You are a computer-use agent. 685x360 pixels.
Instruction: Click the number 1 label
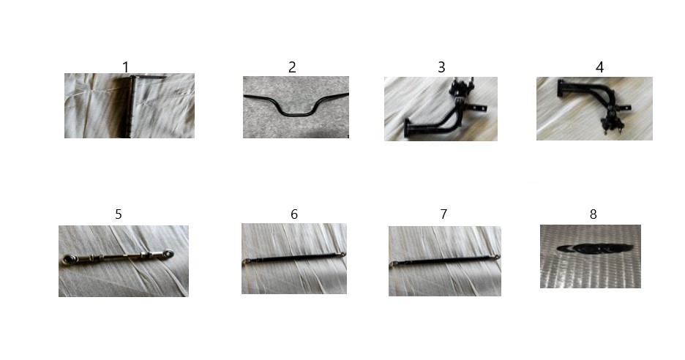[x=126, y=67]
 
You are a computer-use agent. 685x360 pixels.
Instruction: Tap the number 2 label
[x=292, y=67]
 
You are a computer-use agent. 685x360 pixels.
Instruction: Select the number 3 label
[x=442, y=67]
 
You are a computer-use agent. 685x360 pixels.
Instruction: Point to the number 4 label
[x=600, y=67]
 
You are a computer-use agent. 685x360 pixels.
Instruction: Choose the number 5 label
[x=119, y=214]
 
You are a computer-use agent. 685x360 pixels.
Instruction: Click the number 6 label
[x=294, y=214]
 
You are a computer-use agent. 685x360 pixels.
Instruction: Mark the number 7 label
[x=443, y=214]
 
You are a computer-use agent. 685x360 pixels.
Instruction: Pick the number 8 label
[x=594, y=214]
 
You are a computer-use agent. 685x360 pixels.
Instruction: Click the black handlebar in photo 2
[x=296, y=114]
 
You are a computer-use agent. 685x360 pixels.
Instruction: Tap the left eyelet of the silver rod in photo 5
[x=68, y=260]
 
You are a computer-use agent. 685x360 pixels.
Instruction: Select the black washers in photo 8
[x=595, y=249]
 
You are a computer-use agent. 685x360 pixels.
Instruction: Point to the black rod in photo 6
[x=294, y=258]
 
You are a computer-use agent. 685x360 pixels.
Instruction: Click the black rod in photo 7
[x=444, y=260]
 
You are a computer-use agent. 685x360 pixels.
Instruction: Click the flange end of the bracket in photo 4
[x=561, y=88]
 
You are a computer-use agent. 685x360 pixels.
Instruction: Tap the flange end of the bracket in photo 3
[x=408, y=128]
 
